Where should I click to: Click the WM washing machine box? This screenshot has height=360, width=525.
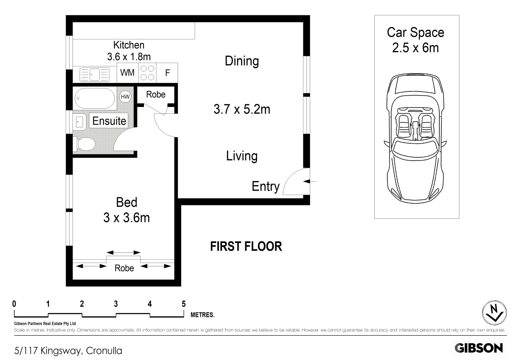[127, 73]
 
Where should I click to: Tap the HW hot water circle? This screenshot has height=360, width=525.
[125, 97]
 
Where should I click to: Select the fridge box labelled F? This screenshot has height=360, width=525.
[167, 73]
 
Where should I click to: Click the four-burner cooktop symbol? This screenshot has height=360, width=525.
[147, 73]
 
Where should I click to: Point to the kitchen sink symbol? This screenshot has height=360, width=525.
[94, 74]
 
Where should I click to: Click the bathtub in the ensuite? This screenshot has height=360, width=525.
[95, 98]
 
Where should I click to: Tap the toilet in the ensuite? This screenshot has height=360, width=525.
[86, 145]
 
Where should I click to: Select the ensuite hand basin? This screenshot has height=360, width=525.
[79, 122]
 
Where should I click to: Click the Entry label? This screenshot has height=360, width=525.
[265, 186]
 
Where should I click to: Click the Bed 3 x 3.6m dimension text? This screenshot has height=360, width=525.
[126, 218]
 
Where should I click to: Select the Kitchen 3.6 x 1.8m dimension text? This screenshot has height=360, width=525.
[129, 57]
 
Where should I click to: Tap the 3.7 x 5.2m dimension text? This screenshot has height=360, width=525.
[242, 109]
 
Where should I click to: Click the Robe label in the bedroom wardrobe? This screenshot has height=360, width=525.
[124, 268]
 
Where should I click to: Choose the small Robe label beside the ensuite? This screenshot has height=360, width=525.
[156, 94]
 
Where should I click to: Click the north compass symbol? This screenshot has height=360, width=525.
[494, 313]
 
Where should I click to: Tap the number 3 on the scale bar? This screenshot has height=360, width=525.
[116, 304]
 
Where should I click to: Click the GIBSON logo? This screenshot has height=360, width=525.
[479, 348]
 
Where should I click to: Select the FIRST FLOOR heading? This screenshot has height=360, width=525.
[246, 247]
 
